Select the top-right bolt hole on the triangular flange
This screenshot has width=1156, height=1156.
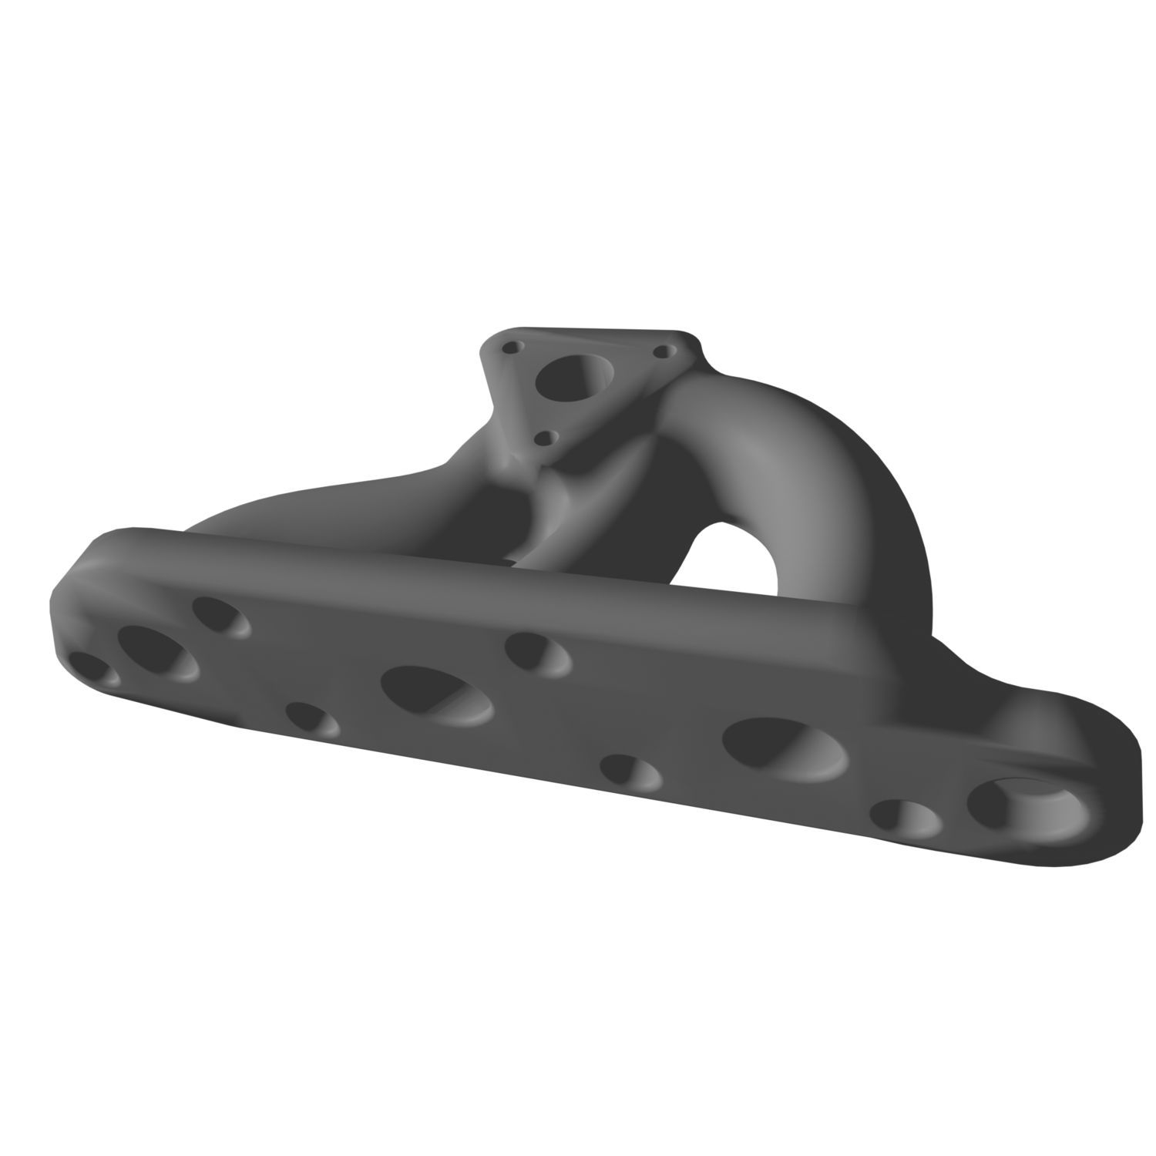660,351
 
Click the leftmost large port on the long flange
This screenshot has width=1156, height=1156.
159,654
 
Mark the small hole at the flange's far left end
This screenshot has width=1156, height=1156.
92,669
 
